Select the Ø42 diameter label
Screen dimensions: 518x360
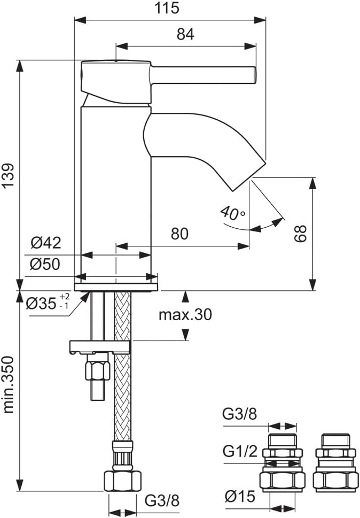[x=46, y=244]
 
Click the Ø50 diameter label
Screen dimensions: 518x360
[x=46, y=264]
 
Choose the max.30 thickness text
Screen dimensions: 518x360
[x=185, y=315]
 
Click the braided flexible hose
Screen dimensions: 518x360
[x=123, y=385]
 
